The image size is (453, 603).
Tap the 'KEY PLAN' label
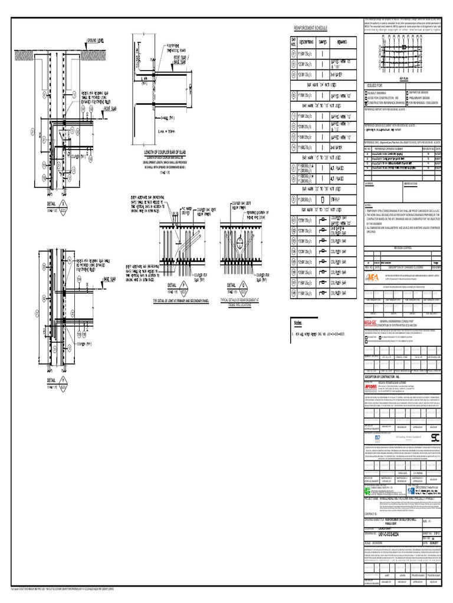pos(404,77)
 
